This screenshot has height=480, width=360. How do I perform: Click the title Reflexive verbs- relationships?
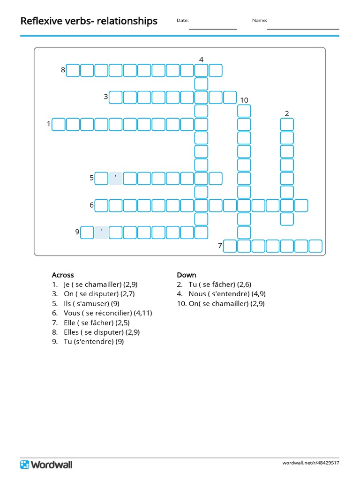tap(89, 21)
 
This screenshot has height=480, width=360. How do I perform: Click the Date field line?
tap(213, 29)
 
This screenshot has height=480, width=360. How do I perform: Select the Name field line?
tap(303, 29)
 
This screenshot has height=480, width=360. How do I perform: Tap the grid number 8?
tap(63, 70)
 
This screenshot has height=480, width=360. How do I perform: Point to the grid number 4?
tap(201, 60)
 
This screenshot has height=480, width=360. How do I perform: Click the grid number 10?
tap(244, 100)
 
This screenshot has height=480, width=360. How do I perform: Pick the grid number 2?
tap(287, 113)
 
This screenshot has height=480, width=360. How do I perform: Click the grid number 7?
tap(219, 246)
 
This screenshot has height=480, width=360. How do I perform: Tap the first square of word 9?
tap(87, 232)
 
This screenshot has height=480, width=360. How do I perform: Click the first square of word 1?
tap(58, 124)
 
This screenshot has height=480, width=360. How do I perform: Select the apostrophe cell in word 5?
tap(115, 179)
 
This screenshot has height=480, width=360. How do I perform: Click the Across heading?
tap(63, 275)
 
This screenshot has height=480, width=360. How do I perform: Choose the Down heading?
tap(187, 275)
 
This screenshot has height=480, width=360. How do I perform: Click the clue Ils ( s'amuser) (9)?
tap(92, 303)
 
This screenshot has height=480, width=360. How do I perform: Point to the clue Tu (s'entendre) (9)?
tap(94, 342)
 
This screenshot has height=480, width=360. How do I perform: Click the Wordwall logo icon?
tap(24, 465)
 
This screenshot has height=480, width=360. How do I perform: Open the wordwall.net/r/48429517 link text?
tap(311, 463)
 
